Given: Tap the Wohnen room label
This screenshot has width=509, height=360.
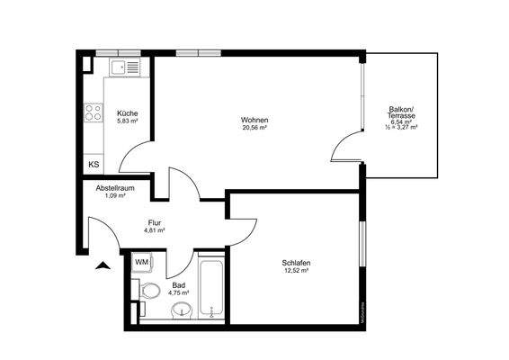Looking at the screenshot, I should click(x=254, y=120).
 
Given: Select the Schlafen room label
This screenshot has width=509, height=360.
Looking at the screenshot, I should click(x=296, y=262).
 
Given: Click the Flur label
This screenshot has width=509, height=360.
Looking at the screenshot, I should click(x=155, y=221).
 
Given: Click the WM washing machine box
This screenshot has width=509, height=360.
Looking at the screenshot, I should click(x=142, y=262).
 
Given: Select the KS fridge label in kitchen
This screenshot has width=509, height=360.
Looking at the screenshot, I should click(x=94, y=165).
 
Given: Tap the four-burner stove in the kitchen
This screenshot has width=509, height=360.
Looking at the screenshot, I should click(x=94, y=114).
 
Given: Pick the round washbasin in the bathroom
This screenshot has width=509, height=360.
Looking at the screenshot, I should click(x=183, y=310).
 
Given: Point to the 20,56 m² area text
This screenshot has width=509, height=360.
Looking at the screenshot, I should click(x=254, y=128).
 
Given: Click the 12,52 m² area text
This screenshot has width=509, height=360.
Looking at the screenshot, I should click(x=296, y=270).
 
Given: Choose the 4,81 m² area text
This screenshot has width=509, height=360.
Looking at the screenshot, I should click(x=155, y=230).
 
